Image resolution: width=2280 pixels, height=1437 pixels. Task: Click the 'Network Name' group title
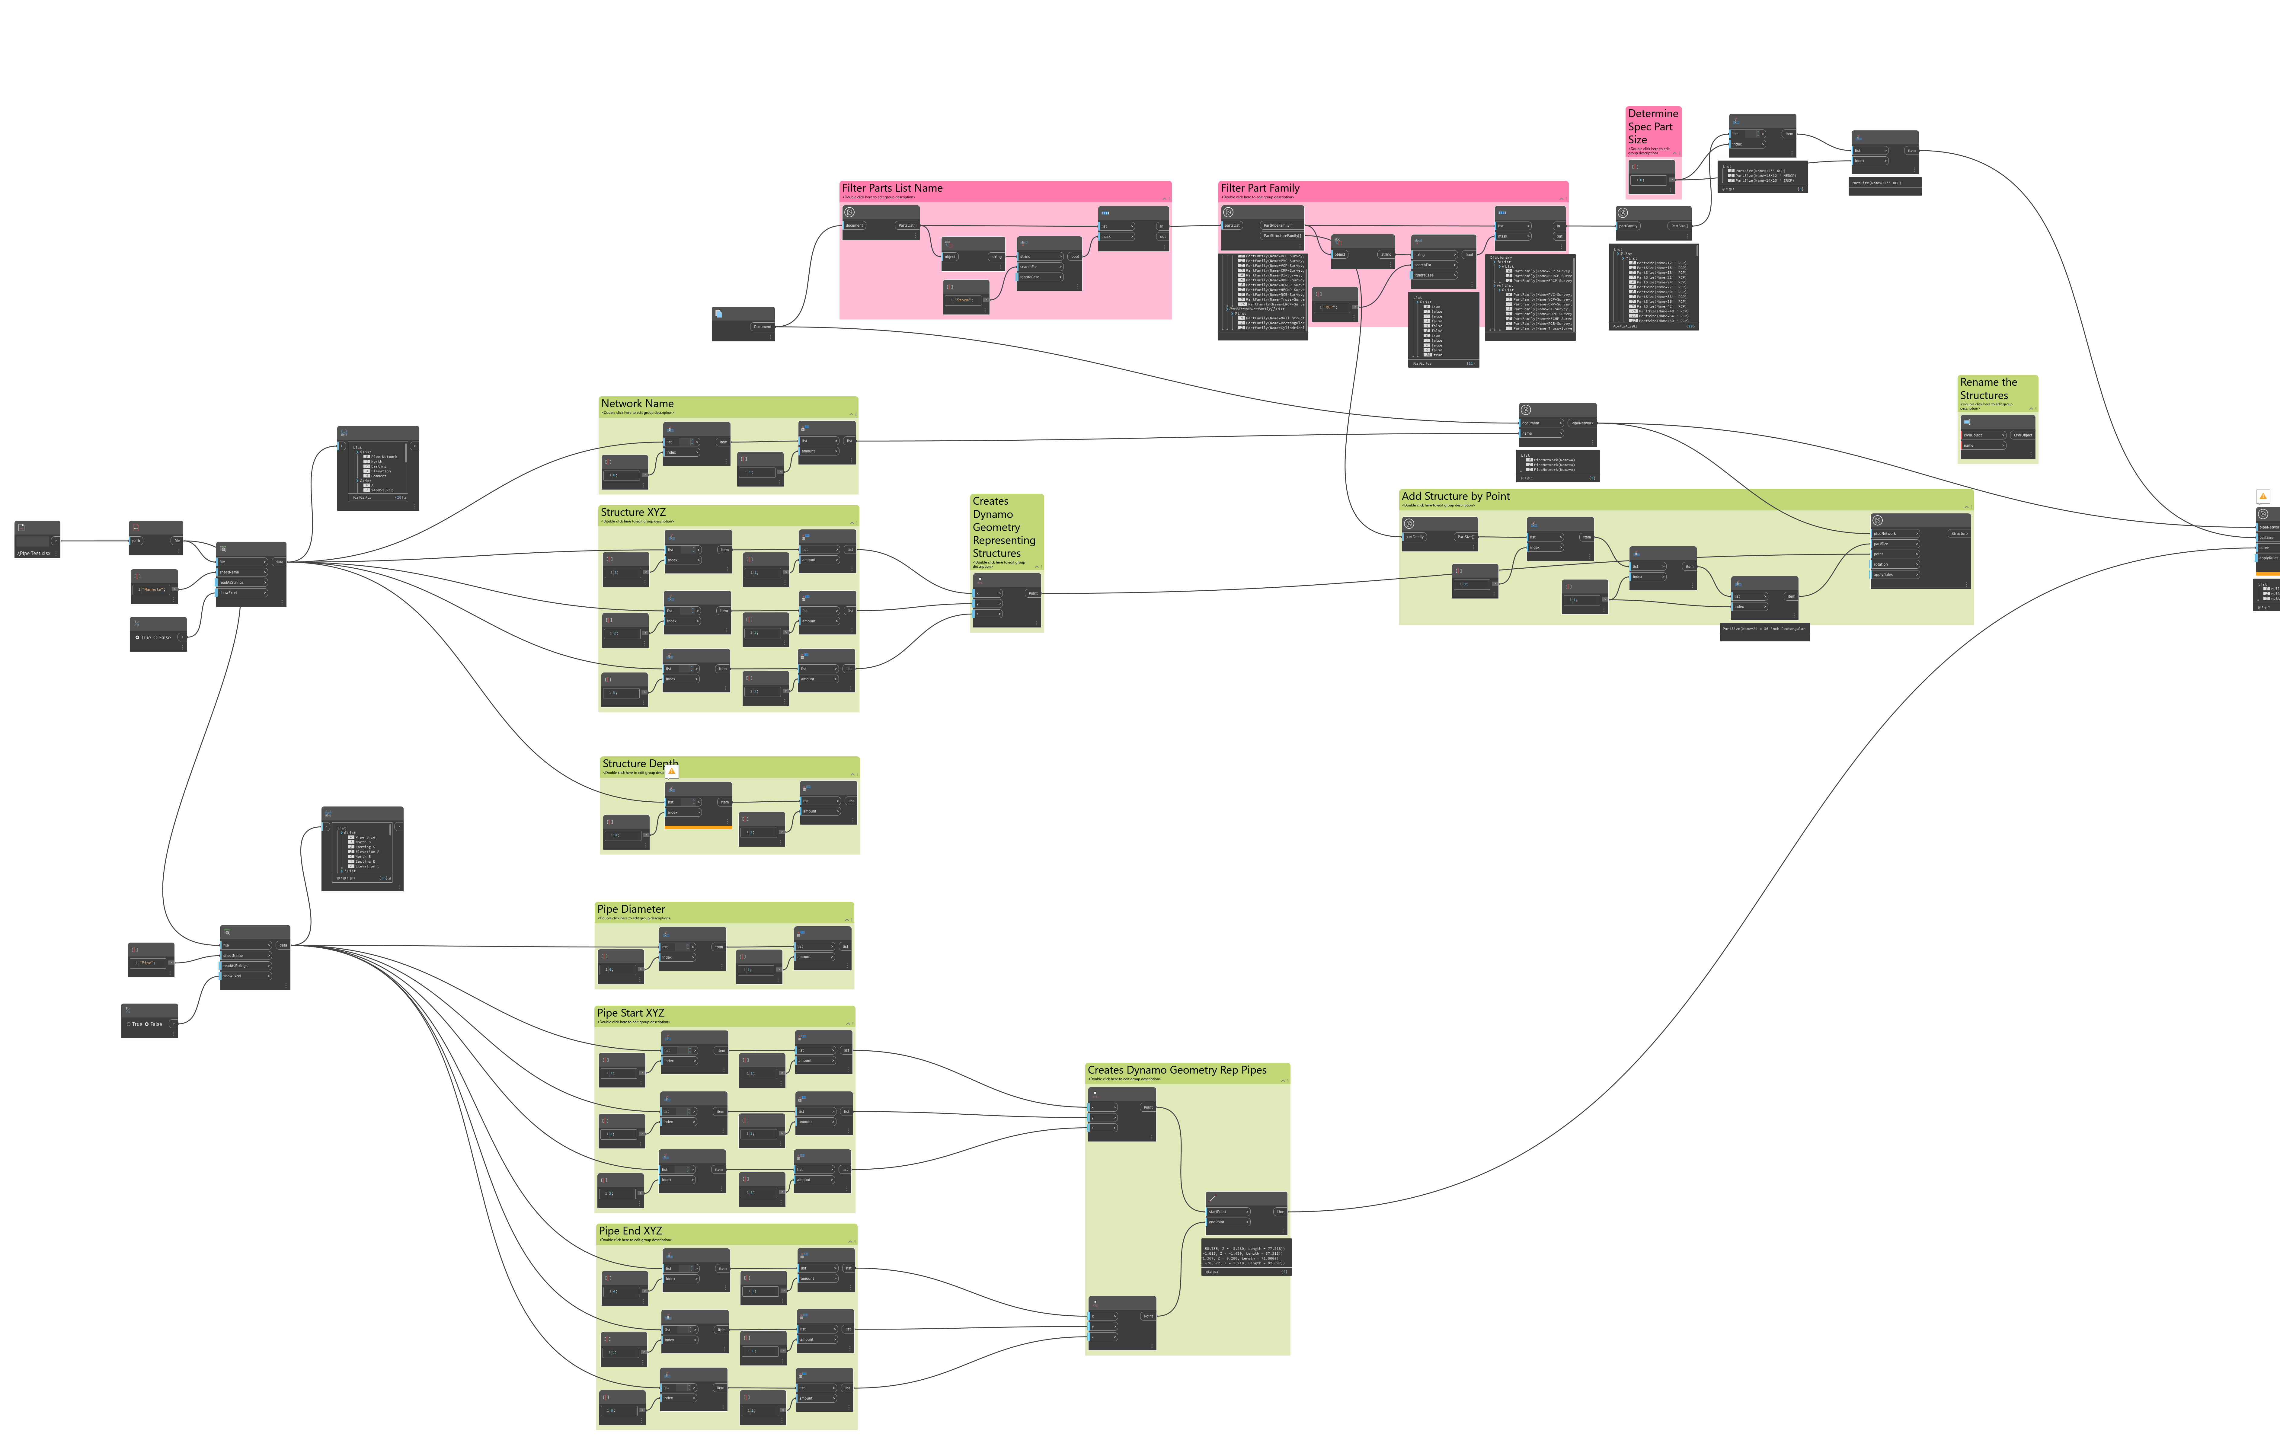[637, 403]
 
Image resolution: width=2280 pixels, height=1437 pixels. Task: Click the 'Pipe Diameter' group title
[631, 909]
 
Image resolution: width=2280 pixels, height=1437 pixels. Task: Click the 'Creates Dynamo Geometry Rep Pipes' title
[1176, 1070]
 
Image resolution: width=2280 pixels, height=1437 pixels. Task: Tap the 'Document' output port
[762, 327]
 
